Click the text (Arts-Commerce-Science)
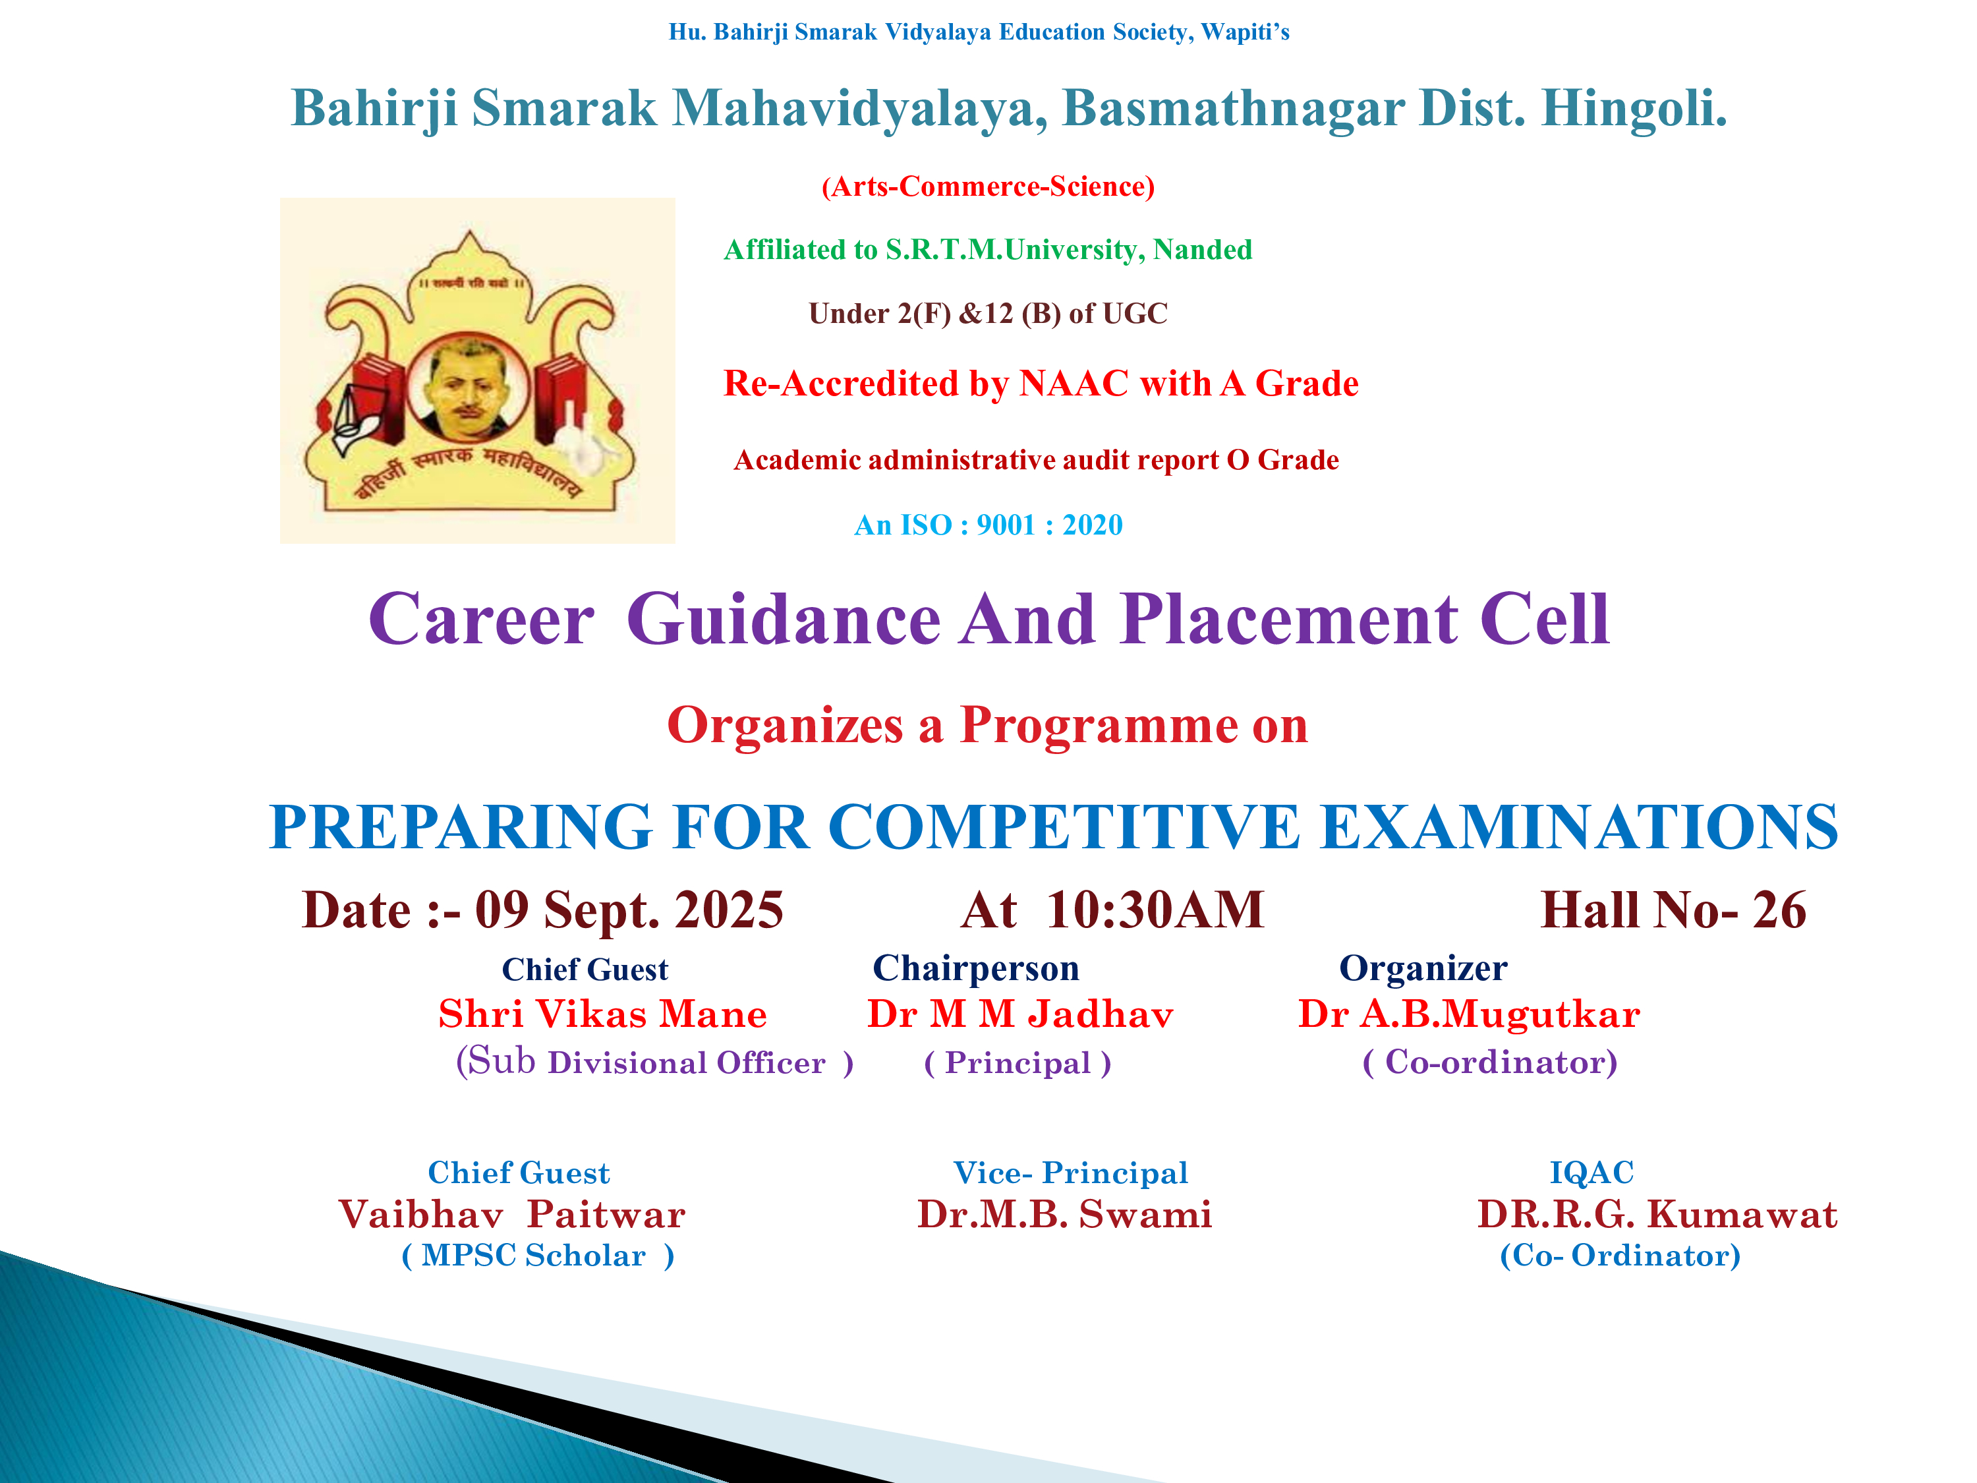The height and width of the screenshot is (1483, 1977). pos(988,186)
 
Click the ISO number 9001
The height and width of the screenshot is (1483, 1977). pos(1006,525)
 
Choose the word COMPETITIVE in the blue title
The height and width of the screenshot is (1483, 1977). pos(1064,827)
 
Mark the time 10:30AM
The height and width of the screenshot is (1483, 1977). pos(1155,910)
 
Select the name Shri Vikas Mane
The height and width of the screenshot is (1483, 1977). pos(602,1014)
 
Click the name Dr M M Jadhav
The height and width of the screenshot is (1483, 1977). pos(1019,1014)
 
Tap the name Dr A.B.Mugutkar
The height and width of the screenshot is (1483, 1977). pos(1468,1014)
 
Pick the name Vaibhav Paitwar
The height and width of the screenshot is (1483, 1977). pos(511,1215)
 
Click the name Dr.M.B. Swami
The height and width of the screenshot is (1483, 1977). pos(1064,1215)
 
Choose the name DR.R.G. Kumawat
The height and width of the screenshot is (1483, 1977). pos(1657,1215)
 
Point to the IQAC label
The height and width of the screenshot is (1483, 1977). pos(1591,1173)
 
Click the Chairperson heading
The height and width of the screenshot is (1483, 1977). pos(975,969)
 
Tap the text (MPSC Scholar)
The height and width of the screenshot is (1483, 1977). pos(538,1256)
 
